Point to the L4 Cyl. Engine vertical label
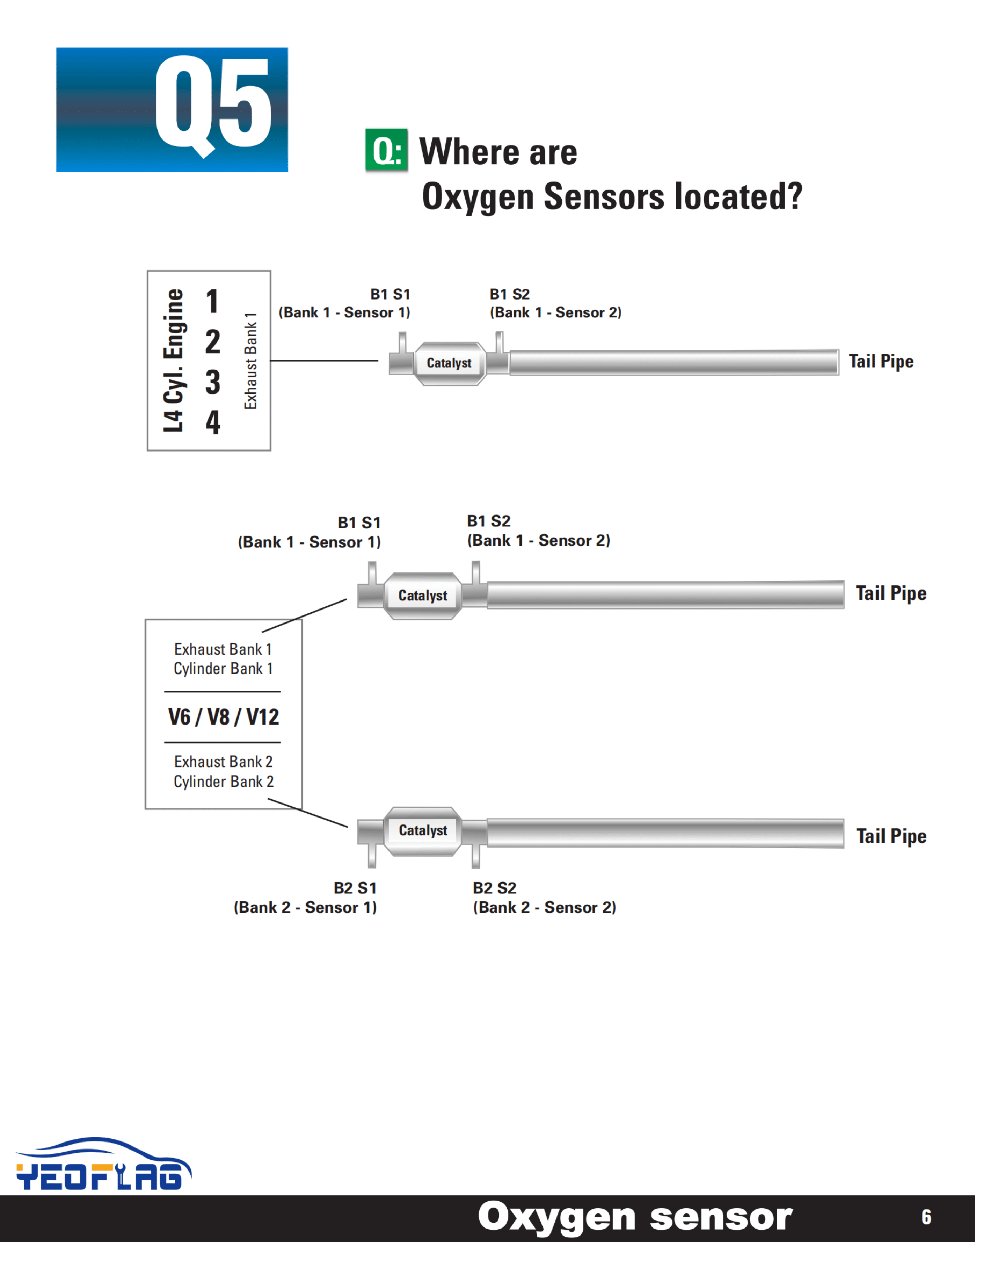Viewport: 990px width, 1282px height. click(173, 360)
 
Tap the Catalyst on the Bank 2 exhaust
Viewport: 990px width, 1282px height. click(423, 830)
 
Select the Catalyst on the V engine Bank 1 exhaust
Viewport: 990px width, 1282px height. click(423, 596)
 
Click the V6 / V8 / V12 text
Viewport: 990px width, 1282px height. click(224, 717)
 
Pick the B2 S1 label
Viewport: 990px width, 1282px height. click(355, 888)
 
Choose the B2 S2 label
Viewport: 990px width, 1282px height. click(495, 888)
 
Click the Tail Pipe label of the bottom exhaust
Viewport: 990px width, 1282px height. click(891, 836)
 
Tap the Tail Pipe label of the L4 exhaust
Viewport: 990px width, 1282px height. click(881, 362)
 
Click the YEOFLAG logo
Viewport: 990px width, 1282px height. click(104, 1164)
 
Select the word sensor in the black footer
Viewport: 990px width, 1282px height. click(721, 1217)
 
